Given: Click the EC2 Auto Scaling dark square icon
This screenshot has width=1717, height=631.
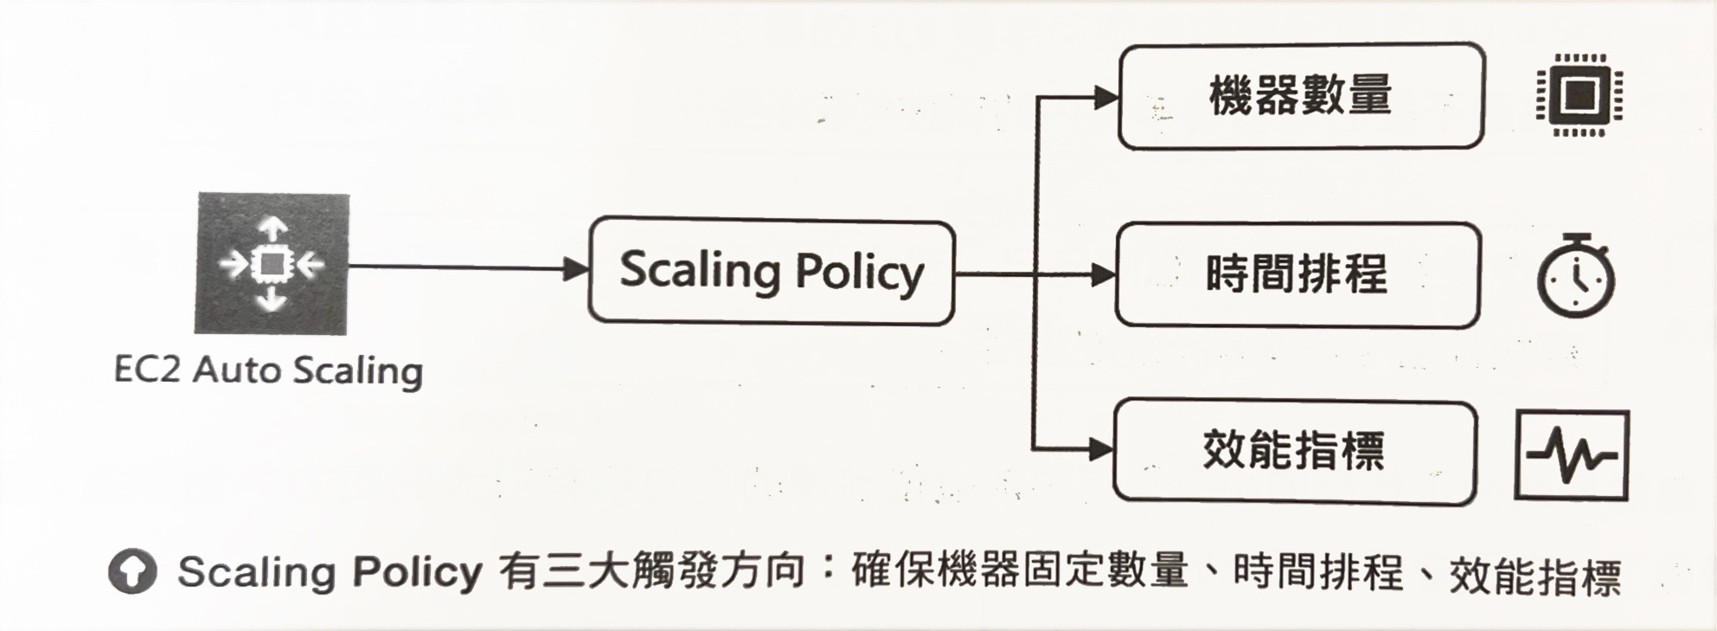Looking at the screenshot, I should click(272, 263).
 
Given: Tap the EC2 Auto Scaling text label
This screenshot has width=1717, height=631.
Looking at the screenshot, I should click(268, 370).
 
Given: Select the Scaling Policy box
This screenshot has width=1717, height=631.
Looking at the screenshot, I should click(771, 272).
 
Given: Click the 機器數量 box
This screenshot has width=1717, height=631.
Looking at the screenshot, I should click(1300, 96).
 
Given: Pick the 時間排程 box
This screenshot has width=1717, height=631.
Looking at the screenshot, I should click(1297, 275).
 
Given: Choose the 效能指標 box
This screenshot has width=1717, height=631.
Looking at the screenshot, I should click(1294, 451).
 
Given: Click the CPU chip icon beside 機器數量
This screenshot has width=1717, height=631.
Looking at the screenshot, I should click(1579, 95).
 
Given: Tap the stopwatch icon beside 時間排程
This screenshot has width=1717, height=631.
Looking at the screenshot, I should click(1575, 277).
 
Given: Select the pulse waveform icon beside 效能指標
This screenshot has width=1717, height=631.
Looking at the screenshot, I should click(1572, 456).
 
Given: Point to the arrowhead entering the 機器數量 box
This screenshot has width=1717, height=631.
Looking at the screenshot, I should click(1105, 97).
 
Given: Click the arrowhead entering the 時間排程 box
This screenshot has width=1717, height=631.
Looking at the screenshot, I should click(1103, 276).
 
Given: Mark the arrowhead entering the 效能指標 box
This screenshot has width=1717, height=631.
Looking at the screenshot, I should click(1100, 449).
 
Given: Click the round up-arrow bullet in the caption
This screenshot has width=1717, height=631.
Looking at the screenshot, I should click(132, 571).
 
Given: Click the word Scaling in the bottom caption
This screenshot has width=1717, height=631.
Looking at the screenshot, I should click(256, 572).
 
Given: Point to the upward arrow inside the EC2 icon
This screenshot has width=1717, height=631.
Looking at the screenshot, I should click(273, 229).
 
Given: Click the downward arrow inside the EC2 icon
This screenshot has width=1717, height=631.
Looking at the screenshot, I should click(272, 299).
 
